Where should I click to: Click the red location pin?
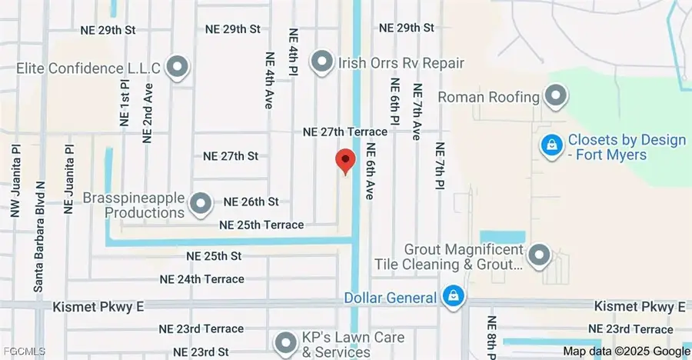click(x=346, y=162)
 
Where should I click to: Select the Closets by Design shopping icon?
click(x=551, y=144)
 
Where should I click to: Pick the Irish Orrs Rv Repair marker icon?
click(x=321, y=61)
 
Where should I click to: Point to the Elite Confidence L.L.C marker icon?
click(x=178, y=68)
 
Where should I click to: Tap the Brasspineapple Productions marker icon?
click(x=201, y=204)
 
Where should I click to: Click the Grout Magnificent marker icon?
click(x=541, y=255)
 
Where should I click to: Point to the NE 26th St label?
click(x=251, y=202)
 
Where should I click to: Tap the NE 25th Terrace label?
click(x=261, y=225)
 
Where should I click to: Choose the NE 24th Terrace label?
click(x=202, y=279)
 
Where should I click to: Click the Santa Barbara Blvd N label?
click(x=41, y=237)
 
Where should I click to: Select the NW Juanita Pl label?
click(x=15, y=178)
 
